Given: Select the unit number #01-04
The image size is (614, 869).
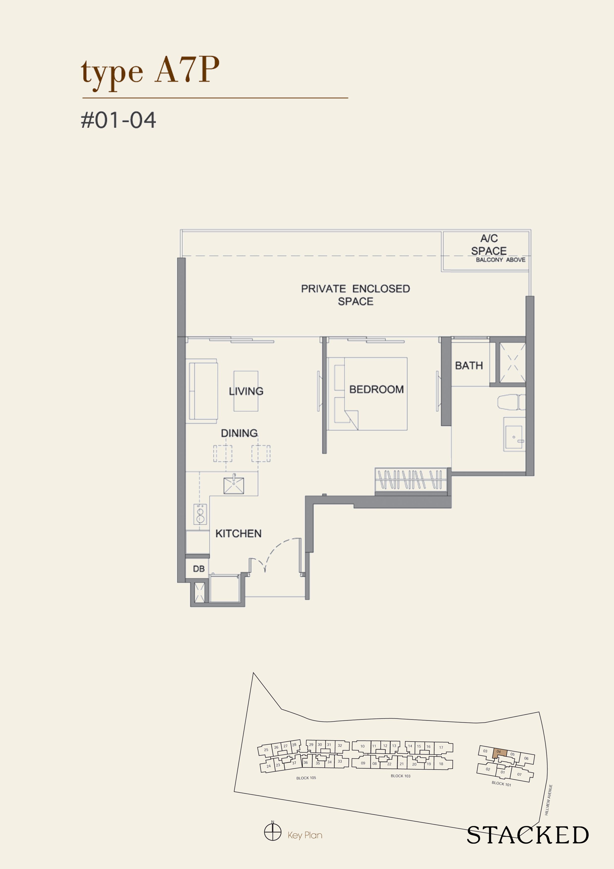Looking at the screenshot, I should coord(118,120).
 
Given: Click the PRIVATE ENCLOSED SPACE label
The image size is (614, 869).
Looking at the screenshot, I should coord(355,295).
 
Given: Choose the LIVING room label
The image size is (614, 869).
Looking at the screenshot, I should coord(246,391).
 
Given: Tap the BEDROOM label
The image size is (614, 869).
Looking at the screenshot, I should coord(376,389).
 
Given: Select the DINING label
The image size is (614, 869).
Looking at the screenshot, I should coord(239,433).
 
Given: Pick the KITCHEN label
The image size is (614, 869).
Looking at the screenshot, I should coord(238,533).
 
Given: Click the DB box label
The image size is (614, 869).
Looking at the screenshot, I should coord(199,569).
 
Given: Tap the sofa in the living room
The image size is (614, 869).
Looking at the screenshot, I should coord(203,391).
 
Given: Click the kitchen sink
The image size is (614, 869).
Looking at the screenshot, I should coord(234,486).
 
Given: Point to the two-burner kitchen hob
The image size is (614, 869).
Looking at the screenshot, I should coord(200,514).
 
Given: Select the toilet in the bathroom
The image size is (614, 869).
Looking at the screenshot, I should coord(511,402).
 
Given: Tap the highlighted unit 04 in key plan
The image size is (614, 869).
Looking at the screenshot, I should coord(499,752).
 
